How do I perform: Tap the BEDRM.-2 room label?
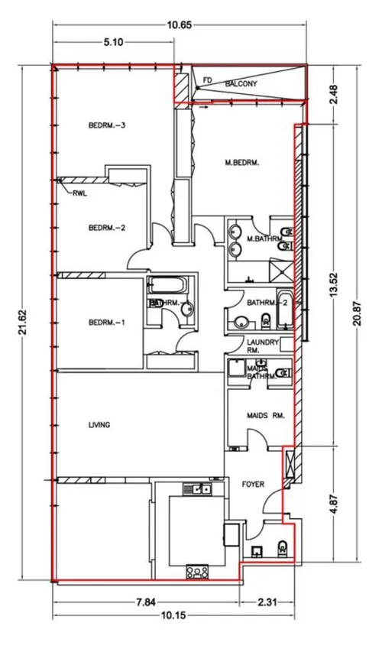point(106,227)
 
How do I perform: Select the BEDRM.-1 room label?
point(106,323)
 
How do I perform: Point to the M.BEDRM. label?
point(242,162)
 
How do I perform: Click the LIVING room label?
point(99,424)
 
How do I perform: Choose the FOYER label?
point(252,484)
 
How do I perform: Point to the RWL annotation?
point(80,194)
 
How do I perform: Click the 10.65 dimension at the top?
point(180,24)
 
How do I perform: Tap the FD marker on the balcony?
point(206,77)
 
